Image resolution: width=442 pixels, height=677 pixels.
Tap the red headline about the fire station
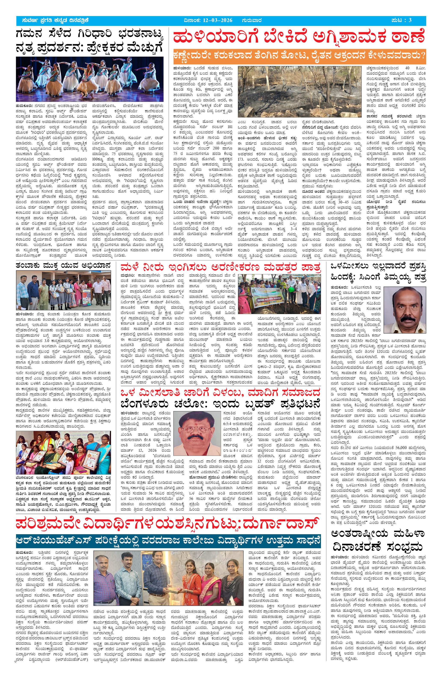point(299,38)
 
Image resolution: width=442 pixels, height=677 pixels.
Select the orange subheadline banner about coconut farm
point(299,56)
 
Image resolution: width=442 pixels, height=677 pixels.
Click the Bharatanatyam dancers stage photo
point(90,79)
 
